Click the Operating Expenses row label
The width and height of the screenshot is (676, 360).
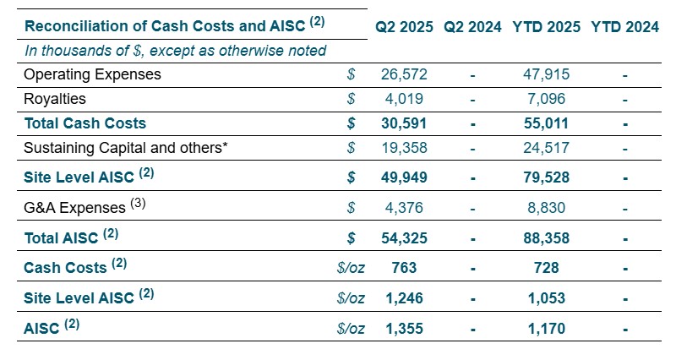pyautogui.click(x=92, y=74)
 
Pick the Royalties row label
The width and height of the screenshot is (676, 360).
pyautogui.click(x=55, y=99)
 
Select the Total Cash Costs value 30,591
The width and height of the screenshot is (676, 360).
pyautogui.click(x=405, y=123)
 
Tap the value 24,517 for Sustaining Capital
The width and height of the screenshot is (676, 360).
pyautogui.click(x=546, y=148)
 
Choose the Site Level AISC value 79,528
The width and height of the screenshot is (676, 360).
pyautogui.click(x=545, y=177)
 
